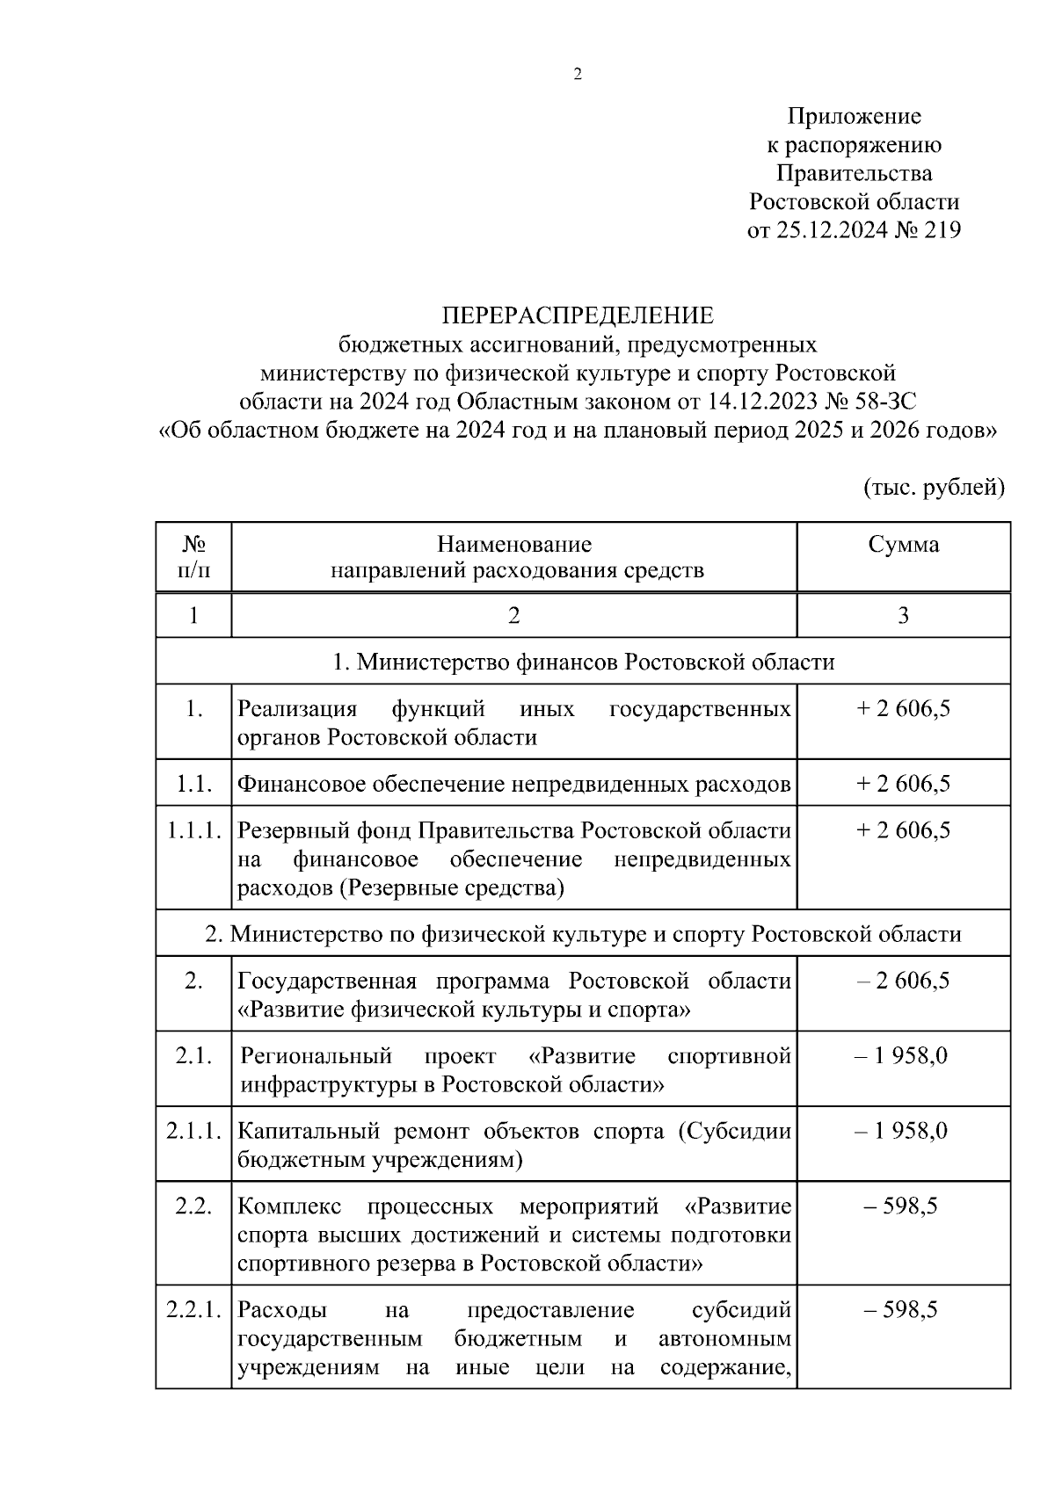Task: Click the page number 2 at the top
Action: pos(578,76)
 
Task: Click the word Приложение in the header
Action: pos(854,117)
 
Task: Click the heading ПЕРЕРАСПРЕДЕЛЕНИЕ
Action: pos(578,315)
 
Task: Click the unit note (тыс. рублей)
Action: pos(933,488)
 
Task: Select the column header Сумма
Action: pos(903,545)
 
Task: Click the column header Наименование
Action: pos(514,545)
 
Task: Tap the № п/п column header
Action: pos(193,557)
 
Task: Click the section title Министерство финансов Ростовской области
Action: pos(583,662)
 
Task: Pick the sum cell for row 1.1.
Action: pos(903,784)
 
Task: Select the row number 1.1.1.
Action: pos(193,830)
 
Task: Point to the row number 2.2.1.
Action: pos(193,1310)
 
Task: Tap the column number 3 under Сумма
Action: pos(903,616)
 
